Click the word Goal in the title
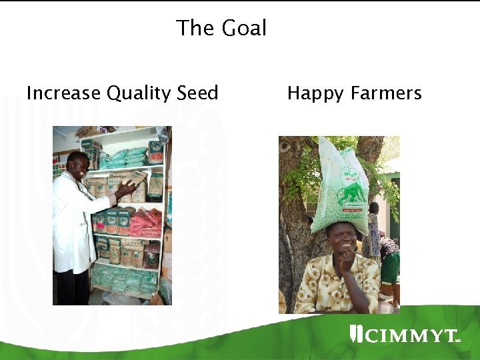pos(244,28)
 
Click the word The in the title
pos(193,28)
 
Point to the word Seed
pos(198,93)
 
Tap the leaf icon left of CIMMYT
pos(356,334)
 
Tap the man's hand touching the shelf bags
pos(126,189)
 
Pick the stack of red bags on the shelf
pos(145,223)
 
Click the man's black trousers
pos(73,287)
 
